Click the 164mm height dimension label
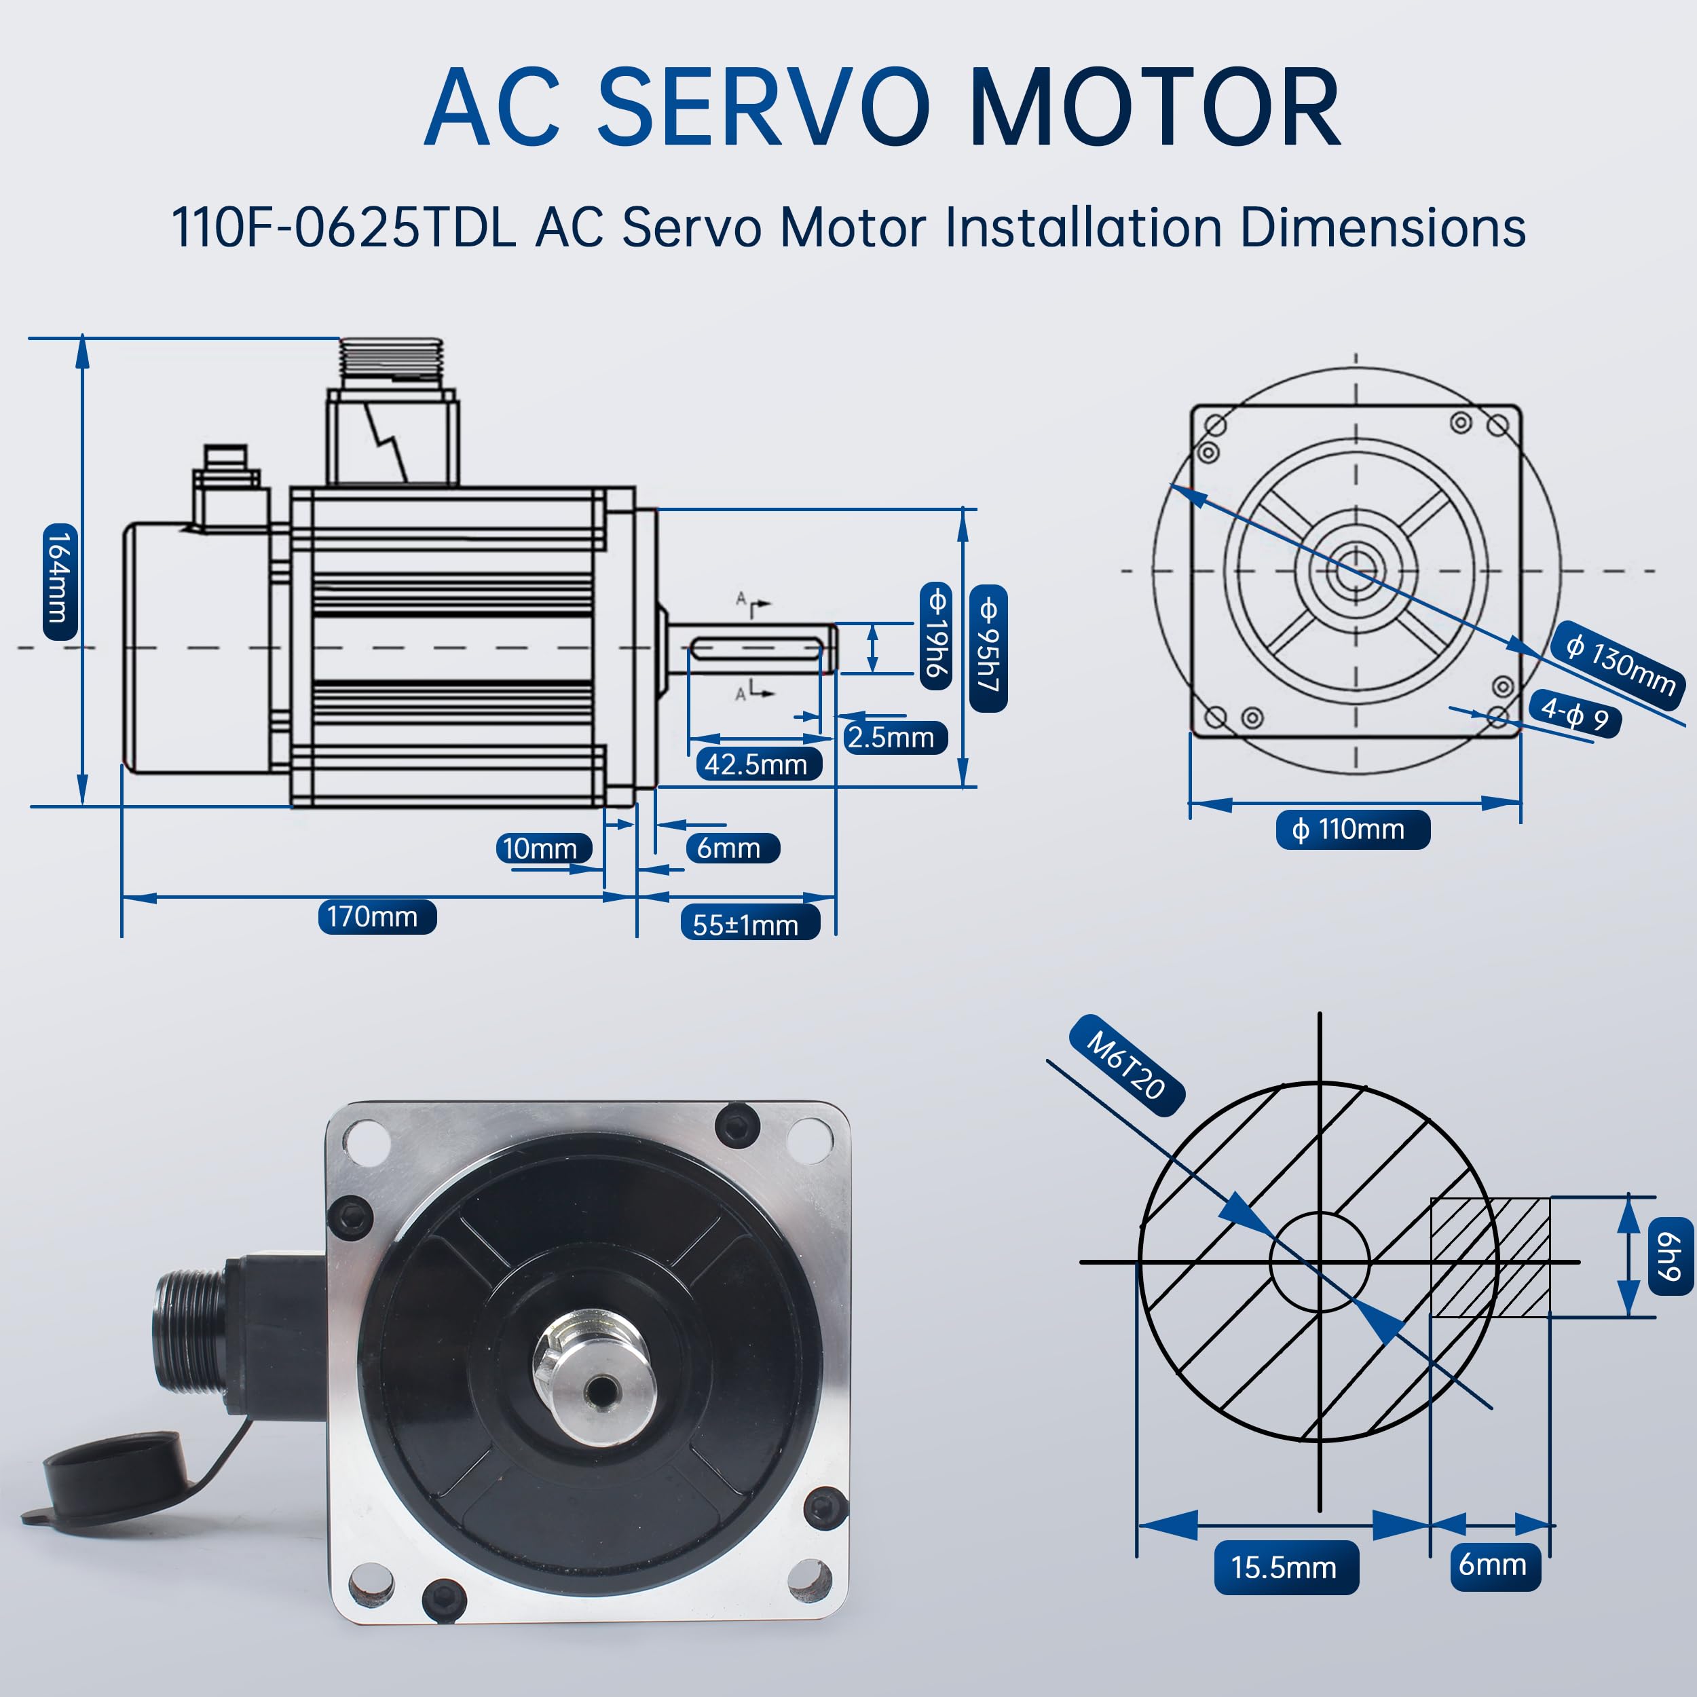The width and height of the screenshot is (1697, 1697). pyautogui.click(x=60, y=580)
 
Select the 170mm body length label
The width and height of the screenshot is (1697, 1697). pyautogui.click(x=377, y=916)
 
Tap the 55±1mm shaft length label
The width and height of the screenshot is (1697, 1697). pyautogui.click(x=749, y=924)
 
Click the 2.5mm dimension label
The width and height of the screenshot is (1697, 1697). pyautogui.click(x=894, y=736)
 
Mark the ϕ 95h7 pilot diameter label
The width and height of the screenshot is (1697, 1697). pyautogui.click(x=988, y=648)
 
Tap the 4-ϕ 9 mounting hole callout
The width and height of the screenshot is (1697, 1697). pyautogui.click(x=1575, y=714)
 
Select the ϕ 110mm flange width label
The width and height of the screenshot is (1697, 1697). pyautogui.click(x=1353, y=829)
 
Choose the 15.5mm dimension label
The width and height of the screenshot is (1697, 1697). pyautogui.click(x=1286, y=1567)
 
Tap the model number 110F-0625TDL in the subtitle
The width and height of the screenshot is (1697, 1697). pyautogui.click(x=343, y=227)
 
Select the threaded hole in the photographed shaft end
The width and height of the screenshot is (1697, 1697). pyautogui.click(x=601, y=1390)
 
